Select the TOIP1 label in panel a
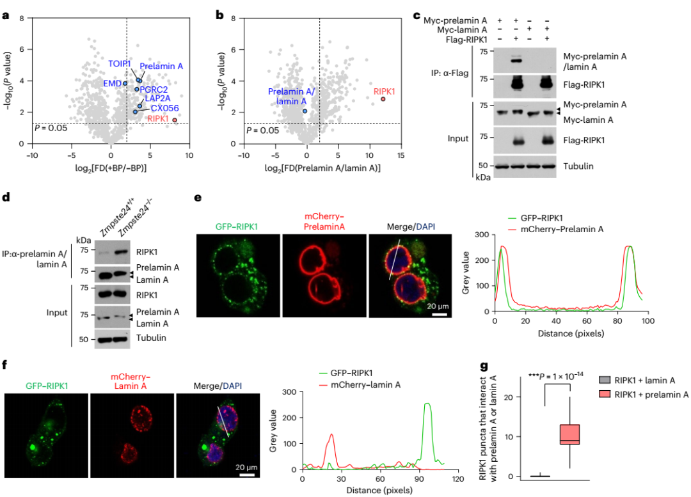pyautogui.click(x=119, y=63)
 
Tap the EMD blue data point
pyautogui.click(x=125, y=83)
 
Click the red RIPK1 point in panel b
pyautogui.click(x=383, y=99)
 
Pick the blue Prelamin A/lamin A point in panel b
pyautogui.click(x=305, y=111)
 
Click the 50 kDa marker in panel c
pyautogui.click(x=482, y=166)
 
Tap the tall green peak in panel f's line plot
pyautogui.click(x=427, y=404)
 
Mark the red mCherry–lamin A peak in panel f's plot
pyautogui.click(x=331, y=435)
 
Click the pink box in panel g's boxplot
pyautogui.click(x=569, y=434)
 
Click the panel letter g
pyautogui.click(x=484, y=366)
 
